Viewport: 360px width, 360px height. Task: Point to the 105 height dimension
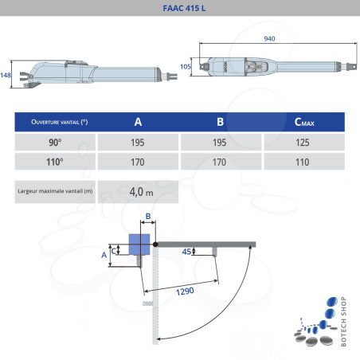click(185, 67)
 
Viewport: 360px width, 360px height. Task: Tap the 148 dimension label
click(6, 74)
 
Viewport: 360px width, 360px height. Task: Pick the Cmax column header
click(303, 123)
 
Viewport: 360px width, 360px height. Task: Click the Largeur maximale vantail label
click(55, 191)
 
